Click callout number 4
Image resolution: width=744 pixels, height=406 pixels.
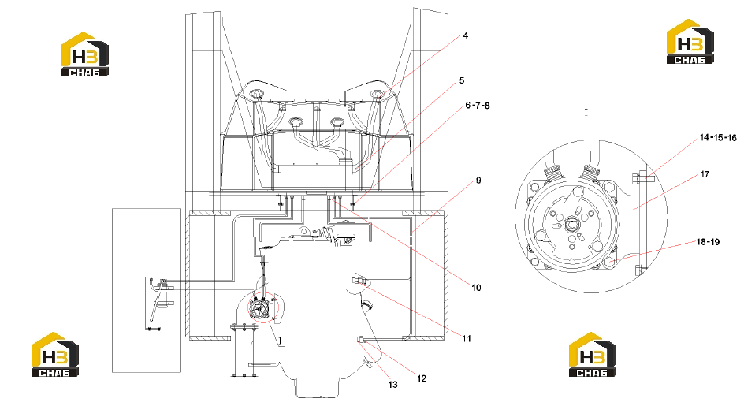466,35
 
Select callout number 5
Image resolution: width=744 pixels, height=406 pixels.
462,80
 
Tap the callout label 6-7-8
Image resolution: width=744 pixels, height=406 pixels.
478,106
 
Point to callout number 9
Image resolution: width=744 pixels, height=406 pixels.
478,181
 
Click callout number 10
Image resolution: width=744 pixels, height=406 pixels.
476,288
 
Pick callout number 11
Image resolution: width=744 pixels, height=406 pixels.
467,338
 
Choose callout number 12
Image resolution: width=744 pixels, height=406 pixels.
422,378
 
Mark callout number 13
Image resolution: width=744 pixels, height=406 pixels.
392,385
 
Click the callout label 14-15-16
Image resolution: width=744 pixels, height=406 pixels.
718,138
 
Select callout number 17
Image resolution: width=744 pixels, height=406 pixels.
705,175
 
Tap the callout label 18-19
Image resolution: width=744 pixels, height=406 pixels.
708,242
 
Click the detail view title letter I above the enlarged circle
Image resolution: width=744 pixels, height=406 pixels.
586,113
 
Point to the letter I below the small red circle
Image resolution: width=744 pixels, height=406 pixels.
281,341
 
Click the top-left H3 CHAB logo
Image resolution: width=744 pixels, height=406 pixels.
85,54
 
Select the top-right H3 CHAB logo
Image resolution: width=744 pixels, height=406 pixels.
690,41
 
